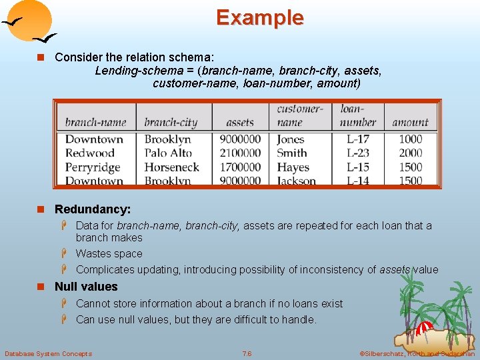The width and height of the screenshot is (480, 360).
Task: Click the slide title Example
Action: (x=259, y=18)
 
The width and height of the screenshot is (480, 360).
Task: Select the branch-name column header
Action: (x=95, y=122)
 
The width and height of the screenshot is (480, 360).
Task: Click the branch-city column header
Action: (x=171, y=122)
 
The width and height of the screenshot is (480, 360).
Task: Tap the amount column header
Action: (x=410, y=122)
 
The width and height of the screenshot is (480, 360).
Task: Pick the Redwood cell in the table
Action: (x=90, y=153)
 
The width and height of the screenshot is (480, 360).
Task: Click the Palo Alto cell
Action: (x=168, y=153)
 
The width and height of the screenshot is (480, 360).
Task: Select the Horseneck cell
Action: (x=171, y=167)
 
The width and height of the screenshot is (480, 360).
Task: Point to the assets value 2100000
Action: (x=239, y=153)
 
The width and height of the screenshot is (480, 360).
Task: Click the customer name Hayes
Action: (x=293, y=167)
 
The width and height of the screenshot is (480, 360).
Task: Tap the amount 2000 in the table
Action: (x=411, y=153)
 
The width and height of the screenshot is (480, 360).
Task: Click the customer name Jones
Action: (x=291, y=139)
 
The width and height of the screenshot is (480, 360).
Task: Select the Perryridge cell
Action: (x=93, y=167)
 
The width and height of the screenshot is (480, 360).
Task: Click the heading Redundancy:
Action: (x=93, y=209)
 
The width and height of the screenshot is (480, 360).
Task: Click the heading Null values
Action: (x=86, y=287)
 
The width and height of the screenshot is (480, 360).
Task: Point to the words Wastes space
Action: (x=109, y=253)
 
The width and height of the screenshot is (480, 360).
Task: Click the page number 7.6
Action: (x=247, y=353)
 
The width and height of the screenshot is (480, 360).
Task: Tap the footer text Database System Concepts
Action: (x=48, y=353)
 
